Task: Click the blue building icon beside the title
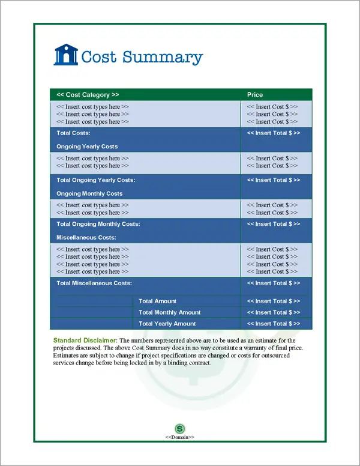coord(66,55)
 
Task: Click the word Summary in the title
coord(163,57)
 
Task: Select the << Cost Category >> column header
coord(88,95)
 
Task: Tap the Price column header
coord(255,95)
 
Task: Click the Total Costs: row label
coord(73,133)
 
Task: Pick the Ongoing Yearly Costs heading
coord(87,147)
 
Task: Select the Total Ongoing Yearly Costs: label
coord(96,180)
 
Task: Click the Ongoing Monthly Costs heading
coord(89,193)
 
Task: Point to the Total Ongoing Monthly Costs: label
coord(98,224)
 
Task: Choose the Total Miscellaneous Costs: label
coord(94,283)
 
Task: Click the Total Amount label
coord(157,301)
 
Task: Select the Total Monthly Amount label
coord(169,312)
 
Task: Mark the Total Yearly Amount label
coord(167,324)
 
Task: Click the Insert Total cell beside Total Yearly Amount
coord(274,324)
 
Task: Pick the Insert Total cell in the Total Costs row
coord(274,133)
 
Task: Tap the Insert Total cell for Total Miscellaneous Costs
coord(274,283)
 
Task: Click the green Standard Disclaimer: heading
coord(85,340)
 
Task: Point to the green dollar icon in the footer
coord(180,428)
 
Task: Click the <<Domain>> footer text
coord(180,437)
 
